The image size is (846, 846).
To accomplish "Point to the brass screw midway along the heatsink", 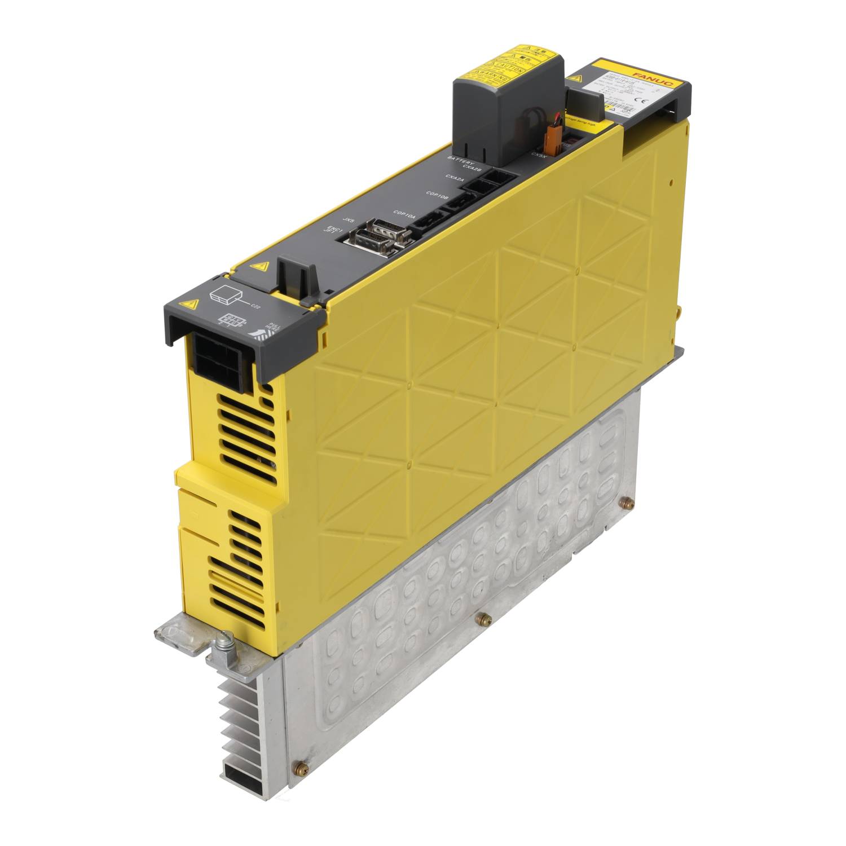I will [x=481, y=619].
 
